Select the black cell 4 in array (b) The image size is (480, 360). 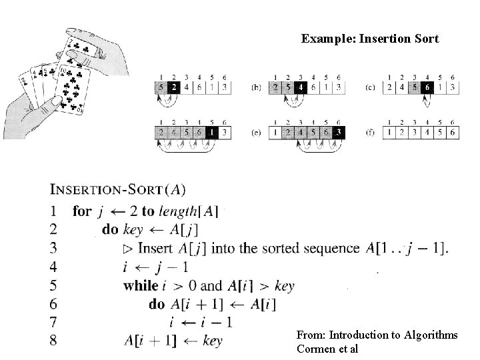point(301,87)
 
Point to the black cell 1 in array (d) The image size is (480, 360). point(211,132)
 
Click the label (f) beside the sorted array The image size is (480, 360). point(371,132)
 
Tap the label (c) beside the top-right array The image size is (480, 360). point(371,87)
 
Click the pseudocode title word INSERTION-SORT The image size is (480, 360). point(106,189)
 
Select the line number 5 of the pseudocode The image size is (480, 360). point(53,286)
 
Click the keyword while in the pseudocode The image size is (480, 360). point(140,286)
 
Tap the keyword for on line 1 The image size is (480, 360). point(82,211)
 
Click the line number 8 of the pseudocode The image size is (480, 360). point(53,341)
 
